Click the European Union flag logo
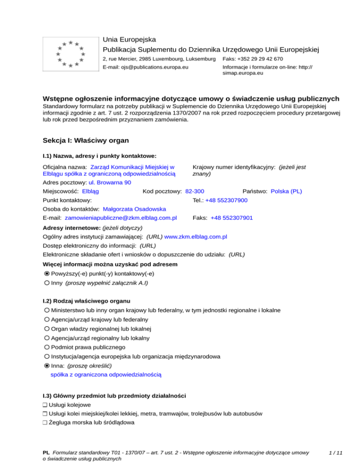point(70,54)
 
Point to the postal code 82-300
point(195,191)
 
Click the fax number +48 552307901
point(232,218)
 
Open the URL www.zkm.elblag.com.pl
point(196,237)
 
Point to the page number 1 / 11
point(336,453)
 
